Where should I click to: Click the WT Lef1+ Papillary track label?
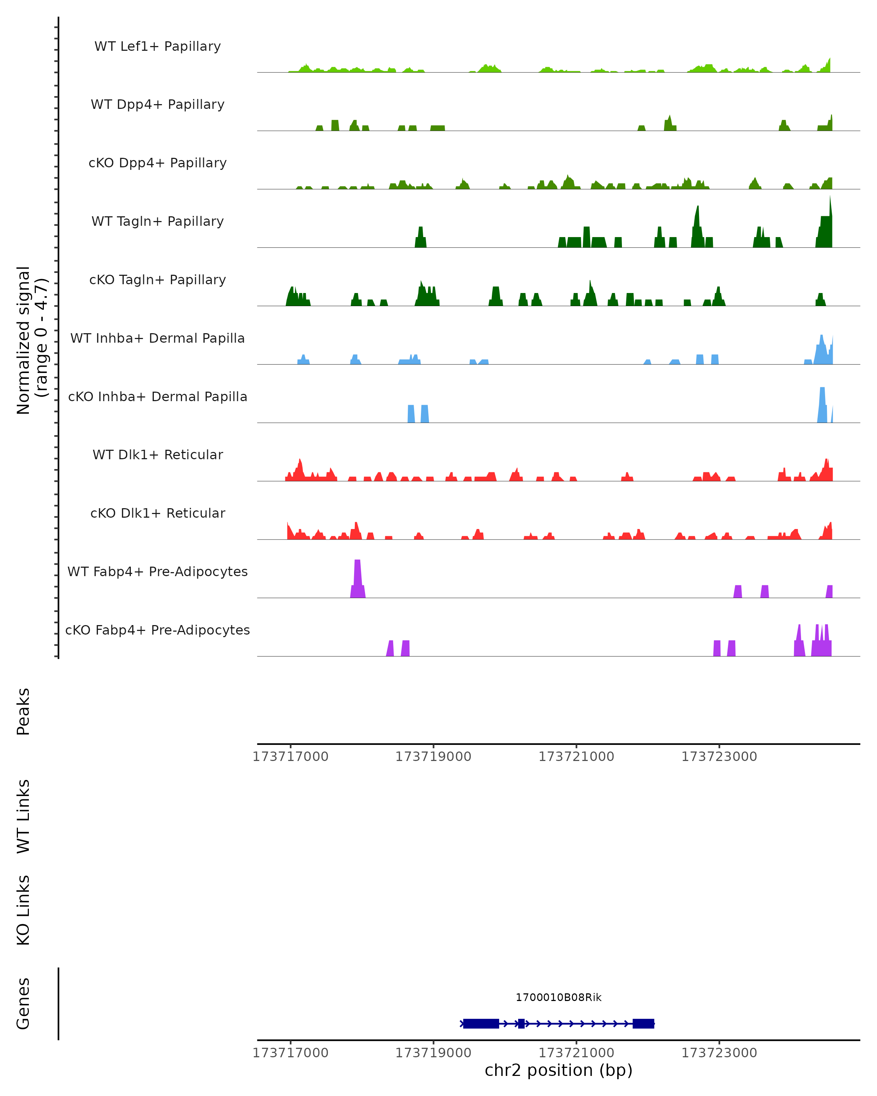(x=157, y=46)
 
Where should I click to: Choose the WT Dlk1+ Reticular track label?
(x=157, y=454)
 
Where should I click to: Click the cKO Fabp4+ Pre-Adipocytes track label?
(x=157, y=630)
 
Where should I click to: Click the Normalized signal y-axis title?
(x=31, y=340)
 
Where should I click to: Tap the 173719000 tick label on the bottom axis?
(x=433, y=1053)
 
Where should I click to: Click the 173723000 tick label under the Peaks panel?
(x=719, y=757)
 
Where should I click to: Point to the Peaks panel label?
(x=23, y=712)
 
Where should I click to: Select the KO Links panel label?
(x=23, y=910)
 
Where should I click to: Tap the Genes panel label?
(x=23, y=1004)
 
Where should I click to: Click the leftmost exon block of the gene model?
(x=481, y=1023)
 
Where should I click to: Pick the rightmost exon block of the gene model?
(x=643, y=1023)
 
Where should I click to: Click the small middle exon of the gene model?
(x=521, y=1023)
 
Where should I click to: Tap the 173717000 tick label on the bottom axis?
(x=290, y=1053)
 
